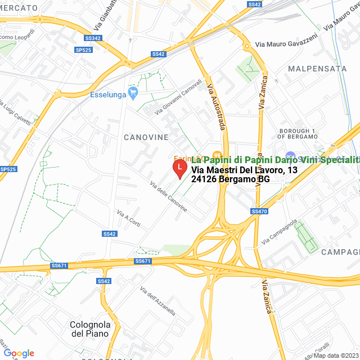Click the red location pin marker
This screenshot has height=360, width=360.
click(x=179, y=168)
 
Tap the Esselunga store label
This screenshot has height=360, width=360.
click(x=107, y=94)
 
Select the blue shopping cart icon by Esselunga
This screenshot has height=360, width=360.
click(x=133, y=92)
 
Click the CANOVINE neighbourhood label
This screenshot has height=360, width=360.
click(x=146, y=137)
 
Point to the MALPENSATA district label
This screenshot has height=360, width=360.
click(x=317, y=69)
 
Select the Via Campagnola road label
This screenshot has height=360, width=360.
click(x=279, y=232)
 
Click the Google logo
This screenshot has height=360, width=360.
click(x=19, y=353)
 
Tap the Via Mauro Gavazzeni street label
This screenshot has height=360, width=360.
click(x=286, y=39)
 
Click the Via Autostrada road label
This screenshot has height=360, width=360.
click(x=216, y=107)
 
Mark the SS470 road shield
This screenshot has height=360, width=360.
click(x=259, y=211)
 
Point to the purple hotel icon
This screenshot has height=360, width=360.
click(x=291, y=156)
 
